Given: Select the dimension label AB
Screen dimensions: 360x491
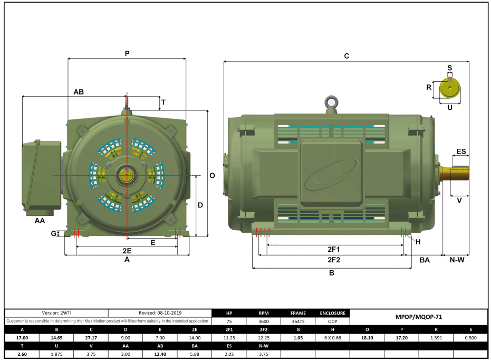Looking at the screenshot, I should tap(79, 91).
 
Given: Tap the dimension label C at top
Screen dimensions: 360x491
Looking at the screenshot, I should tap(346, 55).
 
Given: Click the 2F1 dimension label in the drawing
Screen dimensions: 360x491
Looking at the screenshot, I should tap(333, 249).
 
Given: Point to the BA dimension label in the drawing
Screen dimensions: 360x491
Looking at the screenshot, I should tap(424, 260).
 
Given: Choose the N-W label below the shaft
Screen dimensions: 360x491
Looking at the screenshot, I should tap(456, 260).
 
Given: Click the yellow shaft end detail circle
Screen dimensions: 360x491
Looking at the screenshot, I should tap(450, 89).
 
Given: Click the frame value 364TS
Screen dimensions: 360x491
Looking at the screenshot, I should tap(298, 321).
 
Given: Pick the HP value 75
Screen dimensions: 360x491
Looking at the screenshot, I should tap(229, 321).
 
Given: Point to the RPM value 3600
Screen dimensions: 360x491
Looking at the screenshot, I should tap(263, 321).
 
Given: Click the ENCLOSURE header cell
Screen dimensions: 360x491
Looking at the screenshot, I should tap(333, 313).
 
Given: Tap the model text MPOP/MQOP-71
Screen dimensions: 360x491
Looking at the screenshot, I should tap(418, 317).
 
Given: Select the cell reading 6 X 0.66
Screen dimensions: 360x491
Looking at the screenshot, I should tap(333, 337).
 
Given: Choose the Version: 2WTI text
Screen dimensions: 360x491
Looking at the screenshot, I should tap(56, 313).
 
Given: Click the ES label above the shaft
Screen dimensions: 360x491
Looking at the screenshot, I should tap(461, 151).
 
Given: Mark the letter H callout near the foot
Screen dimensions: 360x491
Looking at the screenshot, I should tap(418, 242).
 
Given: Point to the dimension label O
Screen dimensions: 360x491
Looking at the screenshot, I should tap(212, 175).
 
